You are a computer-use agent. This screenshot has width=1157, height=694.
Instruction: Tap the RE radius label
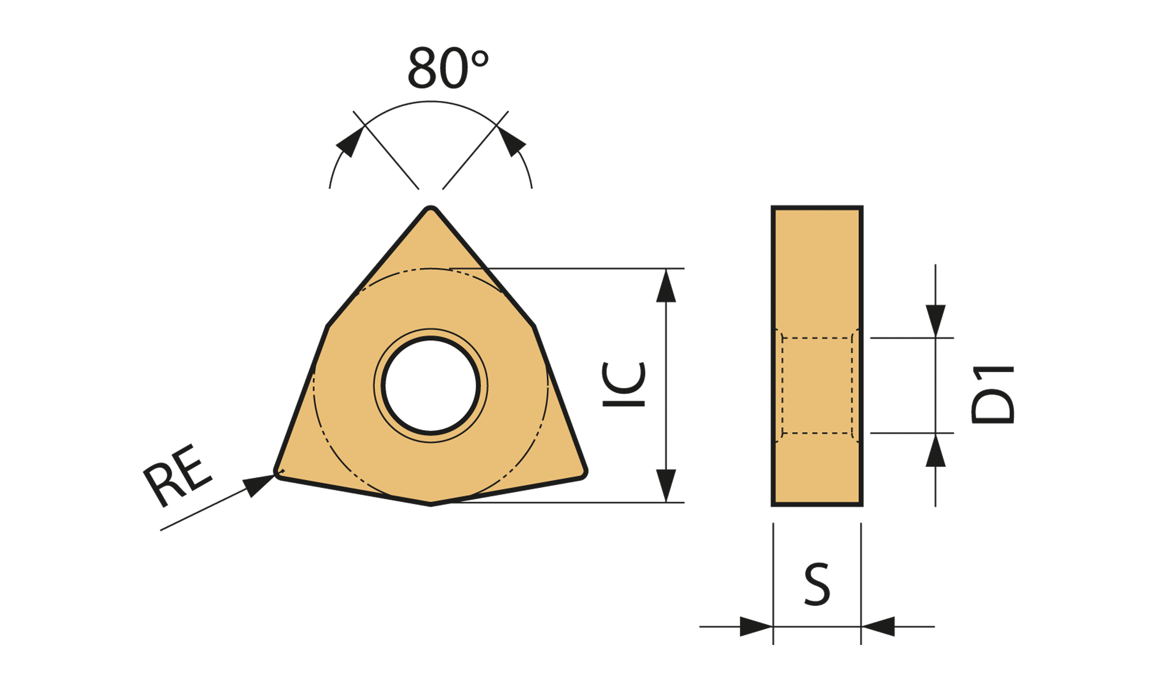(x=177, y=475)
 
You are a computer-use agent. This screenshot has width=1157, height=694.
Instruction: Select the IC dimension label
(x=623, y=384)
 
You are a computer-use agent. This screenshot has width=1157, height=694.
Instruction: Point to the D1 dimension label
(x=992, y=395)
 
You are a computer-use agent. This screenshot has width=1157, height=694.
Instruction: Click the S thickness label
(x=817, y=584)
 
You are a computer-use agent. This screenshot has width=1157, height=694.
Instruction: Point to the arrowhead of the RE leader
(x=258, y=485)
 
